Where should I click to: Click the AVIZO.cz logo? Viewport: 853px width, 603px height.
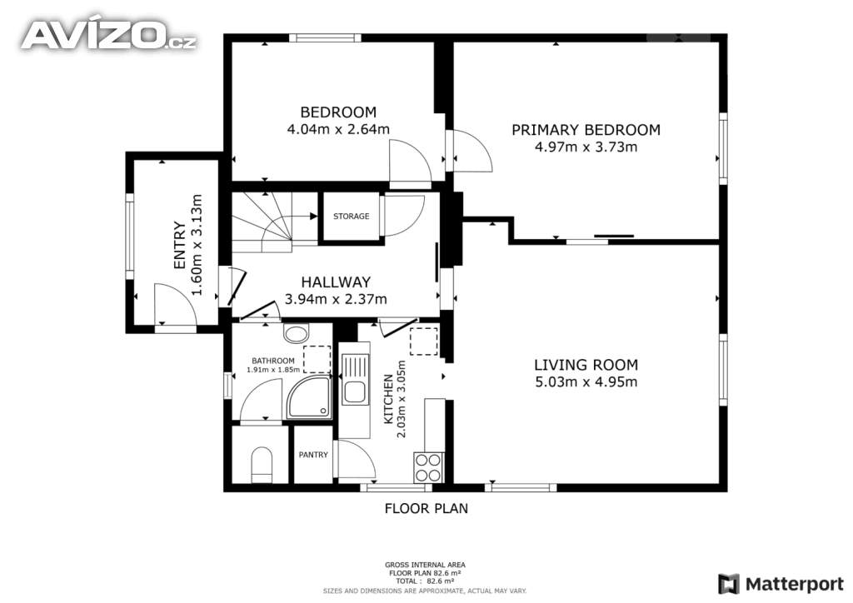pyautogui.click(x=109, y=36)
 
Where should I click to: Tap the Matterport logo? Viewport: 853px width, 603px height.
pyautogui.click(x=781, y=584)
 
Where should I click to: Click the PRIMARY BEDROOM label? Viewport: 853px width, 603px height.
pyautogui.click(x=586, y=130)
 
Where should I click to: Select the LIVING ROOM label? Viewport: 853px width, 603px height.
pyautogui.click(x=586, y=365)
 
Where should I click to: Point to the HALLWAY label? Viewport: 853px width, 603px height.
pyautogui.click(x=336, y=282)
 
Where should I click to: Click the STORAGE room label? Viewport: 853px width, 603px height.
pyautogui.click(x=351, y=217)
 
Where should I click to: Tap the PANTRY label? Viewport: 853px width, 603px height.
pyautogui.click(x=313, y=455)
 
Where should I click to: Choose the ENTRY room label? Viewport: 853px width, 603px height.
pyautogui.click(x=180, y=245)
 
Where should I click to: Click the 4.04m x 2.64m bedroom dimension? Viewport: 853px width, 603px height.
pyautogui.click(x=338, y=129)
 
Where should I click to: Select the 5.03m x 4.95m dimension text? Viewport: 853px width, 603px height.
pyautogui.click(x=586, y=381)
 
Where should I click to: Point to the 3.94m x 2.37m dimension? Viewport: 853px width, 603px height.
pyautogui.click(x=336, y=299)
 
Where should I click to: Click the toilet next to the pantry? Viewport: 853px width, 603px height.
pyautogui.click(x=262, y=465)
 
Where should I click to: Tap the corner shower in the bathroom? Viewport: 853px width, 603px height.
pyautogui.click(x=309, y=397)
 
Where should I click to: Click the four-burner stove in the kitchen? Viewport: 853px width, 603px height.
pyautogui.click(x=429, y=467)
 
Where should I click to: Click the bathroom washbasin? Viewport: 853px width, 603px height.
pyautogui.click(x=296, y=333)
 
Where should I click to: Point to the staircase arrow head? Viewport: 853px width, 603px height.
pyautogui.click(x=314, y=217)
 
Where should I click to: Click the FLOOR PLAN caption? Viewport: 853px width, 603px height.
pyautogui.click(x=426, y=508)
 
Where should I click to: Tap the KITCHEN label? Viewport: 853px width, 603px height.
pyautogui.click(x=388, y=399)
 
